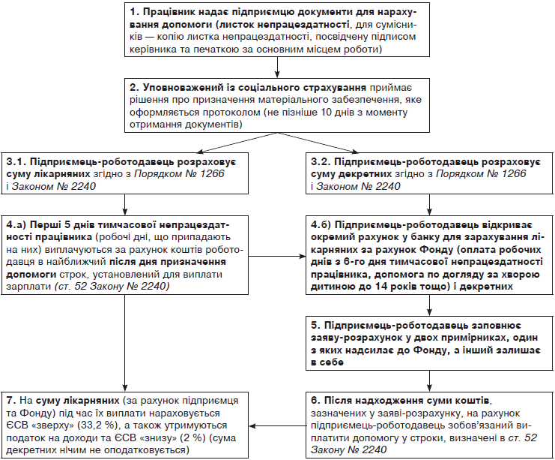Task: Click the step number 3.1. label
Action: coord(16,161)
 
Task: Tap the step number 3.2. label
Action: coord(322,161)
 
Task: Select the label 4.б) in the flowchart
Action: coord(322,224)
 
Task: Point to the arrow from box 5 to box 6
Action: coord(428,380)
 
